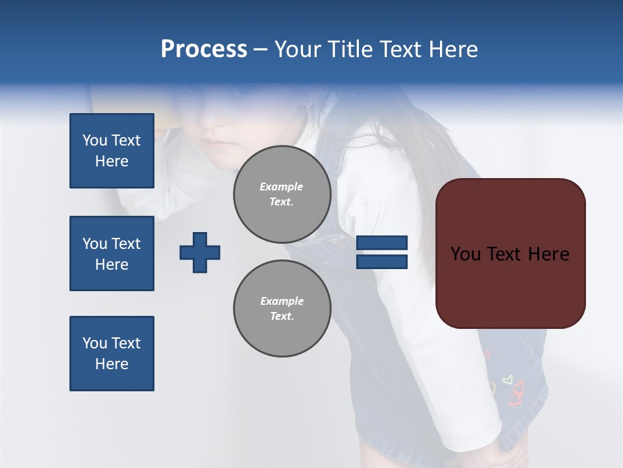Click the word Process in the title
204,49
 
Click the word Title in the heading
348,49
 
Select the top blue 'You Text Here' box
112,151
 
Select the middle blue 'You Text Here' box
112,253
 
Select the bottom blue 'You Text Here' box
112,354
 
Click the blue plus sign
200,252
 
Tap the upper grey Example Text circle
282,194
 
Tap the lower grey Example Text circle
282,308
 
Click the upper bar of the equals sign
382,243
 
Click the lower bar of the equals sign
382,262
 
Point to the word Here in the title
454,49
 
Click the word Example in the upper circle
282,187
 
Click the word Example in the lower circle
282,301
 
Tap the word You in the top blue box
94,140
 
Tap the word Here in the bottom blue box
112,364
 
